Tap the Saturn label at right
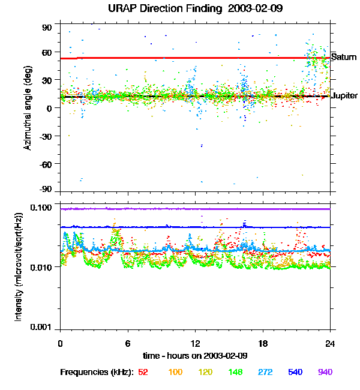(344, 58)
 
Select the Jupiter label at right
(345, 96)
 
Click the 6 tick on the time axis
(128, 343)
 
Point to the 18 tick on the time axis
(263, 343)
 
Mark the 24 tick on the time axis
(331, 343)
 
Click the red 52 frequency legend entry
(143, 373)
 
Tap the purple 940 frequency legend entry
(325, 373)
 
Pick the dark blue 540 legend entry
(296, 373)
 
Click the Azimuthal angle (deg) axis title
(27, 108)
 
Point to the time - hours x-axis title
(195, 356)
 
